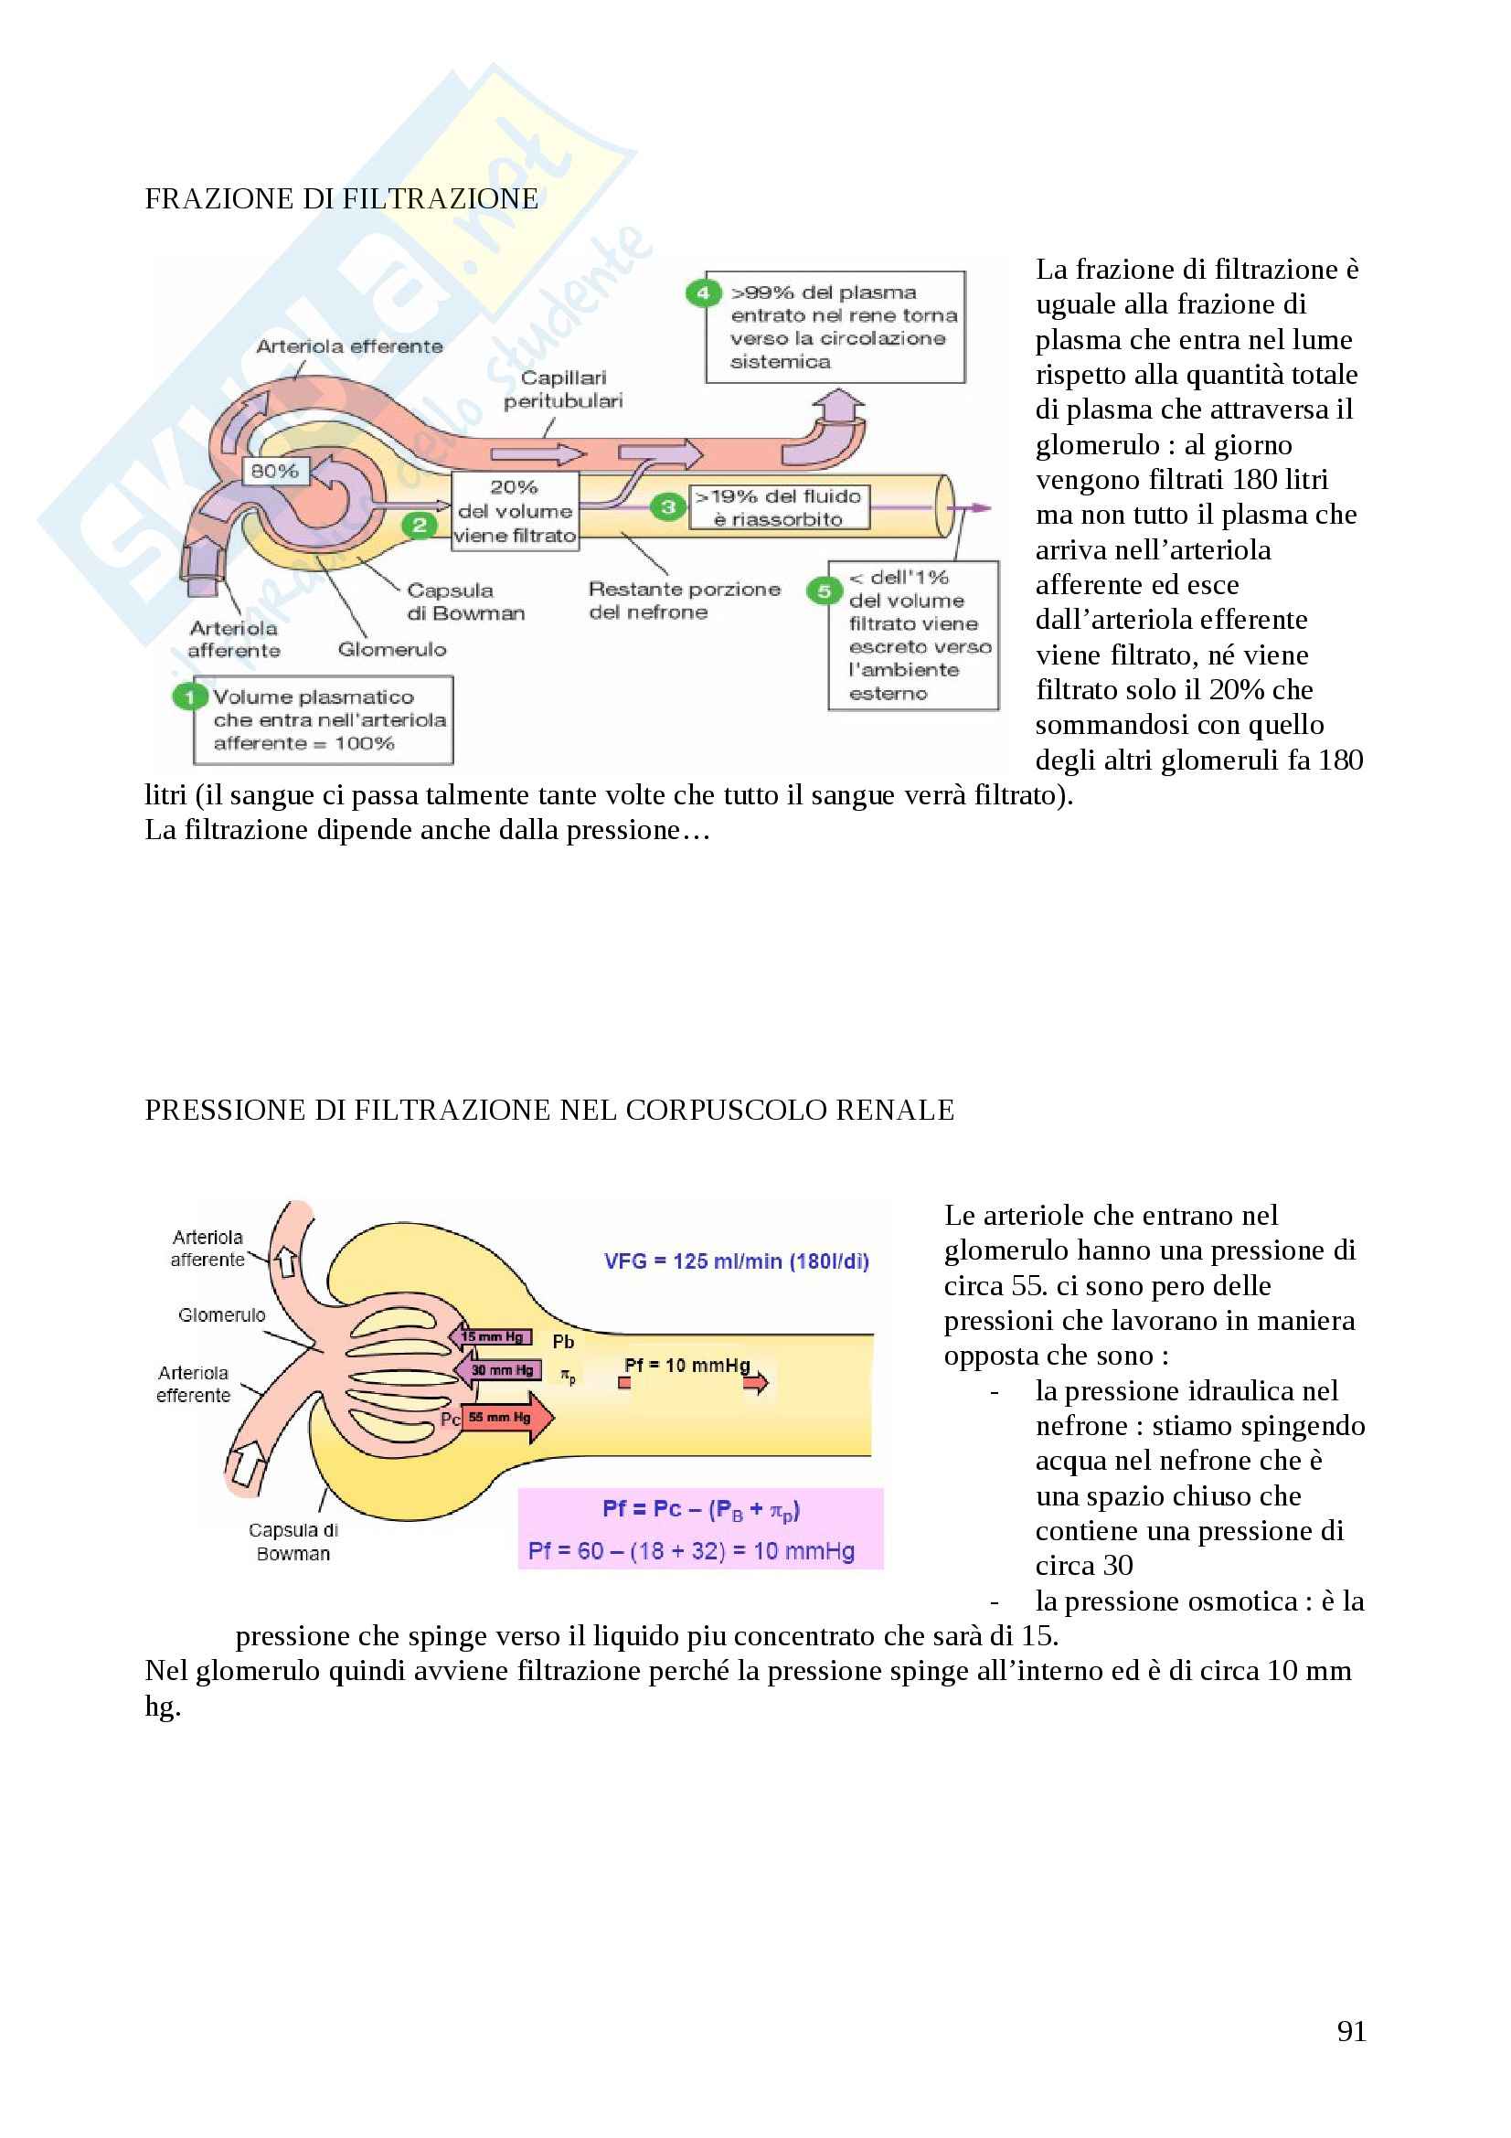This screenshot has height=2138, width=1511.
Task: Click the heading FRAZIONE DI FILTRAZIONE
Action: pos(341,198)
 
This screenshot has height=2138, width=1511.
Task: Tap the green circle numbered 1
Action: pos(189,697)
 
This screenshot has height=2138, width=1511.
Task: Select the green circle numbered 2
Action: pos(419,526)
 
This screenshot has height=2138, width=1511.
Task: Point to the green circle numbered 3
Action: pos(667,506)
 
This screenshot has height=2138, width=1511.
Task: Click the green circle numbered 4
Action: pos(703,293)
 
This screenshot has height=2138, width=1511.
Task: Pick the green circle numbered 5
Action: pos(823,590)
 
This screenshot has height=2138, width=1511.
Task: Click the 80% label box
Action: pos(273,471)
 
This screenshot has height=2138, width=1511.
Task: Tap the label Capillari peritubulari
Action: pos(562,389)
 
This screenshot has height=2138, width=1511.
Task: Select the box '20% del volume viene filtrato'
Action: pos(515,511)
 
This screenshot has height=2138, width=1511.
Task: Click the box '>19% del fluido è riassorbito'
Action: pos(778,507)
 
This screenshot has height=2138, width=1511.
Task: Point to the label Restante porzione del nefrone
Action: pos(684,601)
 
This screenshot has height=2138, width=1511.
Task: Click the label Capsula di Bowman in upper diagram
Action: pos(464,601)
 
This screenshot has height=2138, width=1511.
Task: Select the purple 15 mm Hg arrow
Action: pos(492,1336)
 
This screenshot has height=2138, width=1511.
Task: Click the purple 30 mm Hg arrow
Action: pos(498,1370)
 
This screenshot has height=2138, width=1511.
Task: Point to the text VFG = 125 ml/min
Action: pos(736,1261)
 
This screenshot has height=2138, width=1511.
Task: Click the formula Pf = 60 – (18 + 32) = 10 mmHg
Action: pos(691,1551)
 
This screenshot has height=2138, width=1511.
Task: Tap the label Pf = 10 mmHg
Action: pos(686,1365)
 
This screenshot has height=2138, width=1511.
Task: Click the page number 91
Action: pos(1351,2031)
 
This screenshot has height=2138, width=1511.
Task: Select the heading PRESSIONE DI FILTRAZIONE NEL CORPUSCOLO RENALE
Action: pos(549,1110)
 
